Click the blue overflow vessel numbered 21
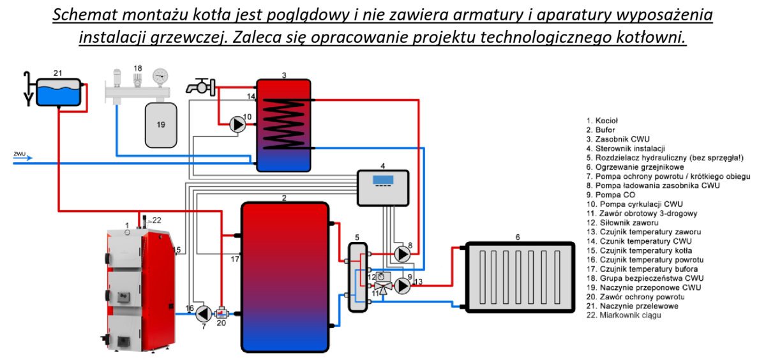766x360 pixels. click(58, 92)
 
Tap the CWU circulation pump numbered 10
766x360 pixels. click(237, 124)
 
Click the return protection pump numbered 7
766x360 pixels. click(204, 313)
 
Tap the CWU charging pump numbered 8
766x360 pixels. click(403, 254)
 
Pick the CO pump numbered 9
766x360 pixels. click(402, 286)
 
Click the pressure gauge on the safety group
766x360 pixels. click(160, 76)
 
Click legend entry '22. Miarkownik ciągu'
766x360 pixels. click(622, 315)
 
